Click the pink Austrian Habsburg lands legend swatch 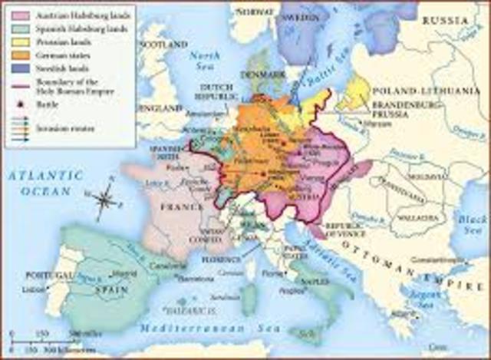click(x=15, y=15)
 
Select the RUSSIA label click(x=453, y=21)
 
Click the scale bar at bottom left click(x=46, y=339)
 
